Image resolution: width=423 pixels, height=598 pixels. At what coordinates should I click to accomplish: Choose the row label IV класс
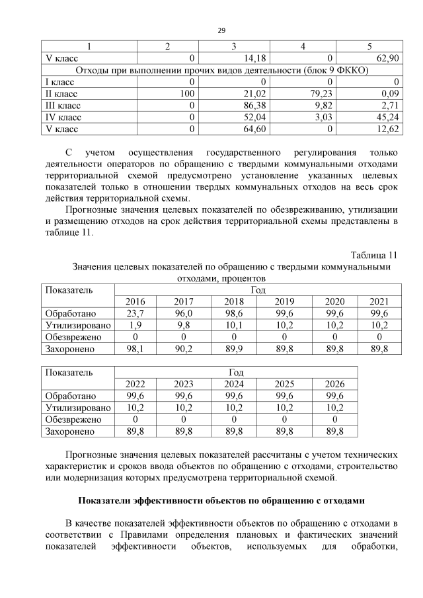(61, 117)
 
